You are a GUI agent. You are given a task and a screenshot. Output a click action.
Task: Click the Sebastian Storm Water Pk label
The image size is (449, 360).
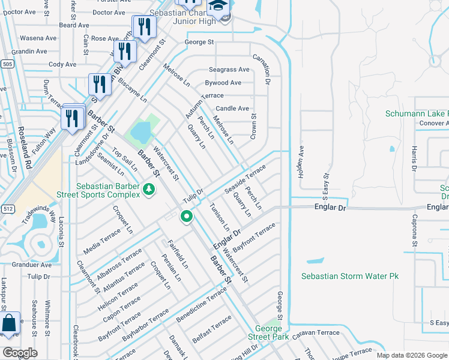pos(349,276)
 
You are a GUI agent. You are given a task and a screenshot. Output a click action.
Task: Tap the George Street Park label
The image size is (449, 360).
pos(268,332)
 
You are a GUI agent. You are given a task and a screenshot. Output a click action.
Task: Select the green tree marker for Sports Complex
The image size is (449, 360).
pos(149,190)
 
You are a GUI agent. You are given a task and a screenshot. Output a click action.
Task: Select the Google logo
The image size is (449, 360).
pos(20,352)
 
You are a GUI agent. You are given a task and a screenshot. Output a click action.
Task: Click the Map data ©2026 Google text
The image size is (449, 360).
pos(411,355)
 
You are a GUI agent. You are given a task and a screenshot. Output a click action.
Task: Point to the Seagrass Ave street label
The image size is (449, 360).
pos(229,70)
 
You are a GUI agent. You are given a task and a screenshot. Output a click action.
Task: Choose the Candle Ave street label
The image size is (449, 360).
pos(232,109)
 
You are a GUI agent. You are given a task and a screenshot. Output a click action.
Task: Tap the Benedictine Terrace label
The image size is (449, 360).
pos(201,304)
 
